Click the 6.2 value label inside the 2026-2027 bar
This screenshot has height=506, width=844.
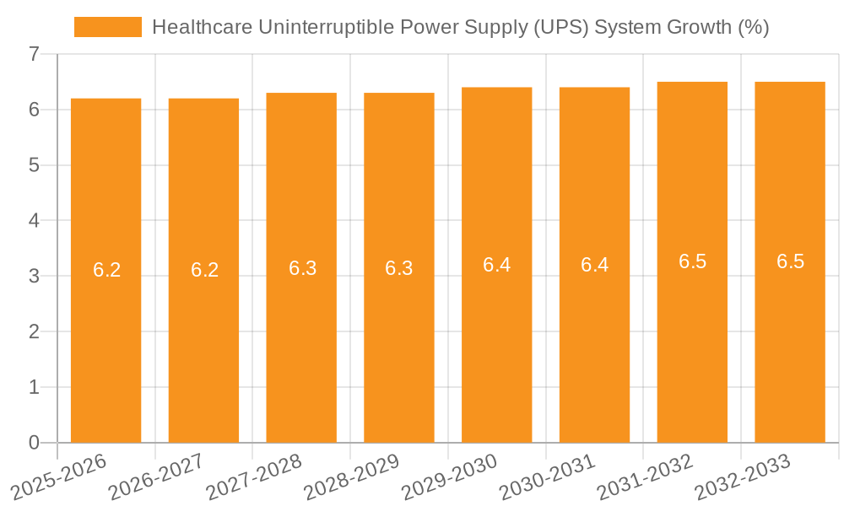[x=204, y=270]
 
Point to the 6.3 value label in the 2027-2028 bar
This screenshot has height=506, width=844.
[x=302, y=268]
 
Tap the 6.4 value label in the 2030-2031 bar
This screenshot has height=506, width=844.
[x=594, y=265]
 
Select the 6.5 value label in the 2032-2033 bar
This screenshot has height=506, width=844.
[x=790, y=261]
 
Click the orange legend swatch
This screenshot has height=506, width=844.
[x=107, y=27]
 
